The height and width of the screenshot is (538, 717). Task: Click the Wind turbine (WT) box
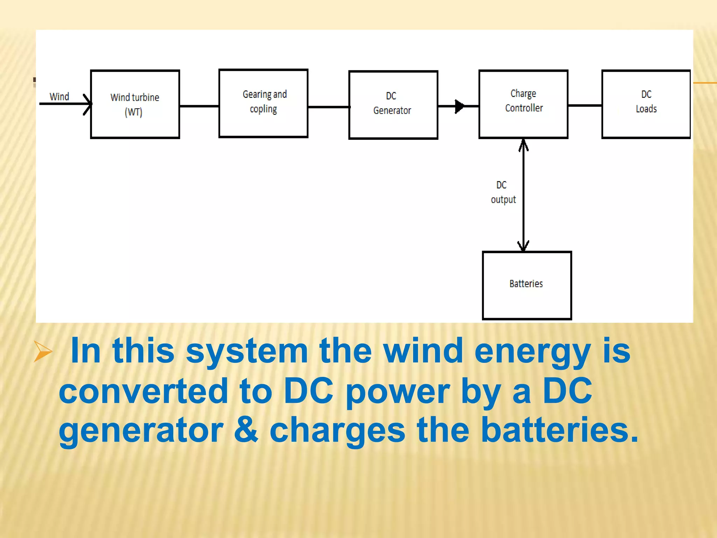coord(135,104)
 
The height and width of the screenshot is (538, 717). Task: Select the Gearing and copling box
coord(263,103)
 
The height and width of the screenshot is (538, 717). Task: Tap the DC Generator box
coord(393,105)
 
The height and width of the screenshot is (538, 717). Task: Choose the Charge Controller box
coord(523,104)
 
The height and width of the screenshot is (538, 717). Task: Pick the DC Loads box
coord(646,104)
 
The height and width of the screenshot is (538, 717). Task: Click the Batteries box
coord(527,285)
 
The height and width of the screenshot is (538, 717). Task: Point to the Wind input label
coord(59,96)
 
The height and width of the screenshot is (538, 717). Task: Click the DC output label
coord(503,192)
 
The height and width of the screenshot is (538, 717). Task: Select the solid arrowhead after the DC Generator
coord(459,106)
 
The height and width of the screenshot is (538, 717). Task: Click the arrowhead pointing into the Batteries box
coord(523,246)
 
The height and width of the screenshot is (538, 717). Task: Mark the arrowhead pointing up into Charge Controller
coord(523,144)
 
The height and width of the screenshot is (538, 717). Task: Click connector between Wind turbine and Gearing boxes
coord(199,106)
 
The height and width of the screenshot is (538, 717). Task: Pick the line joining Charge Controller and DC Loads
coord(584,105)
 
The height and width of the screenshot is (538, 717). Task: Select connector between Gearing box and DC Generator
coord(328,107)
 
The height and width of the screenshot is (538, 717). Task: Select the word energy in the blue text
coord(532,352)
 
